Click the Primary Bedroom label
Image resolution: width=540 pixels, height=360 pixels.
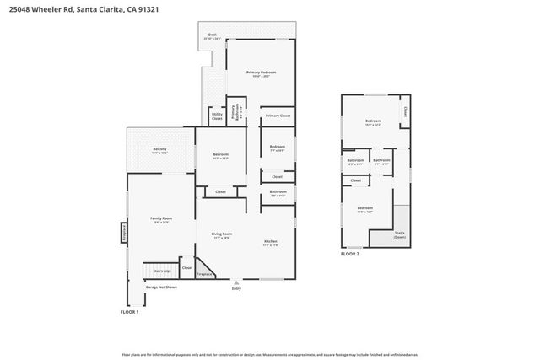pyautogui.click(x=261, y=74)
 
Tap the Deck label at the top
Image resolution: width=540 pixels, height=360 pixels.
pyautogui.click(x=213, y=37)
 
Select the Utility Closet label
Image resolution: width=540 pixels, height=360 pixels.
pyautogui.click(x=217, y=116)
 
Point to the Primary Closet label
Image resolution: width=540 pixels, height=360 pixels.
pyautogui.click(x=278, y=116)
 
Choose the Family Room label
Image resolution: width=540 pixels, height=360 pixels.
pyautogui.click(x=160, y=221)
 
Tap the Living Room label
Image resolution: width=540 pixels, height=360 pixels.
pyautogui.click(x=222, y=235)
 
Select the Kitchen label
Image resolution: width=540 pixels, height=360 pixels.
pyautogui.click(x=270, y=244)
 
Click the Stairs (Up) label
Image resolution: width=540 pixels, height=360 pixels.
pyautogui.click(x=162, y=271)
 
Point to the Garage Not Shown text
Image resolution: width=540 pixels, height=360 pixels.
pyautogui.click(x=161, y=287)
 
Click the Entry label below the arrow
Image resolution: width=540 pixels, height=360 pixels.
pyautogui.click(x=236, y=289)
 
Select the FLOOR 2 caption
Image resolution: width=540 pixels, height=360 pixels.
pyautogui.click(x=349, y=253)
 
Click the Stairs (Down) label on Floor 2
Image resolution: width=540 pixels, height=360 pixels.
pyautogui.click(x=399, y=235)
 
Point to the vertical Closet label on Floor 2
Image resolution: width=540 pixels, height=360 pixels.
pyautogui.click(x=405, y=111)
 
